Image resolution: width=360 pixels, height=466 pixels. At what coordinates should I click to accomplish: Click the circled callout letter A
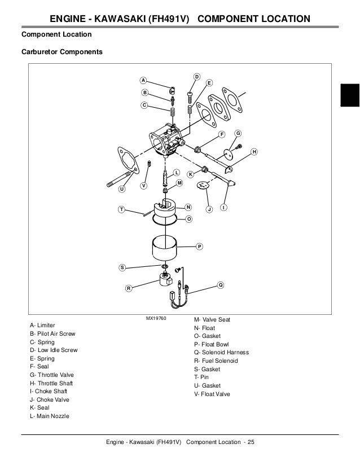click(143, 80)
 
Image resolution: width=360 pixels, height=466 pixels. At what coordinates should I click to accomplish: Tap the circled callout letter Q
click(221, 285)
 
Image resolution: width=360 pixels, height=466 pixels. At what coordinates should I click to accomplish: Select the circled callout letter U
click(122, 189)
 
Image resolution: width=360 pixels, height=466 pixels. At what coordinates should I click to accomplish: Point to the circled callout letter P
click(200, 247)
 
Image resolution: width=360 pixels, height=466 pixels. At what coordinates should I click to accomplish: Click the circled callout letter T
click(121, 209)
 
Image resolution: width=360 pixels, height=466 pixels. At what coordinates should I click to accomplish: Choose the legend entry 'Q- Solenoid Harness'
click(221, 353)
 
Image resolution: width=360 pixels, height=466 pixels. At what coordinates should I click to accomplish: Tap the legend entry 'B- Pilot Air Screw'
click(52, 333)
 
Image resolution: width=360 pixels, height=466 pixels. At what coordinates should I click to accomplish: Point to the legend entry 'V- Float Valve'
click(212, 394)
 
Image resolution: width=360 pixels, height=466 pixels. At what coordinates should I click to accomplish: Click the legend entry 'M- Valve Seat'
click(212, 319)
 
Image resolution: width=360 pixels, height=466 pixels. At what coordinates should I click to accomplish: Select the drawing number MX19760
click(156, 319)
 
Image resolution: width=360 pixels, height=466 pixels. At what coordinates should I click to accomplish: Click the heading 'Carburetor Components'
click(62, 52)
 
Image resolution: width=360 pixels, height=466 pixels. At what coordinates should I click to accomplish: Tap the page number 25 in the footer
click(251, 441)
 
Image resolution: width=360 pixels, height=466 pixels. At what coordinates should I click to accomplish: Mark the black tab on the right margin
click(350, 95)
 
